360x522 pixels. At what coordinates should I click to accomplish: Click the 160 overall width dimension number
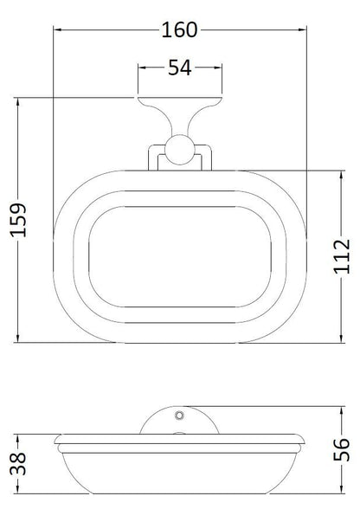[179, 29]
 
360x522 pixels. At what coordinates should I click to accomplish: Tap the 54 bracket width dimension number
[179, 68]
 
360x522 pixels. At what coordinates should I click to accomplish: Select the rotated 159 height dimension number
[18, 222]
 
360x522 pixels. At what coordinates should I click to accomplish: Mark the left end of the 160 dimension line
[53, 29]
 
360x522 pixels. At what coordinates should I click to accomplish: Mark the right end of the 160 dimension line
[306, 29]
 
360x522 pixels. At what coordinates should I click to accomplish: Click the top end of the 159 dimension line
[18, 100]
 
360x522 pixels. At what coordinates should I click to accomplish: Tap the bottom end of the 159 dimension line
[18, 343]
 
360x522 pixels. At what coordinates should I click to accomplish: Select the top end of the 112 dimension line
[343, 170]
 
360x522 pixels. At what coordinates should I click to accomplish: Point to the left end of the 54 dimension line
[139, 68]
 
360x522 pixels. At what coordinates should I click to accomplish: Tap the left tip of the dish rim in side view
[53, 448]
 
